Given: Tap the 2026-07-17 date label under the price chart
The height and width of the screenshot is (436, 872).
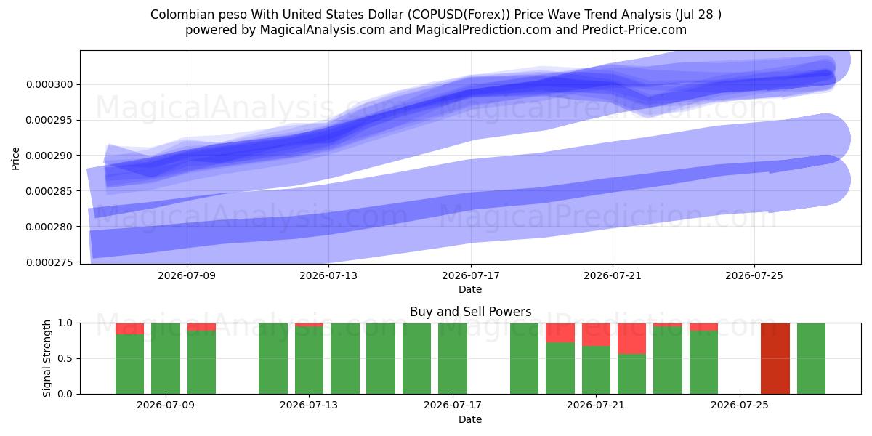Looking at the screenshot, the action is [471, 275].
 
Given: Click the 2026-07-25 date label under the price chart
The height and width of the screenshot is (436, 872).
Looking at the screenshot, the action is [754, 275].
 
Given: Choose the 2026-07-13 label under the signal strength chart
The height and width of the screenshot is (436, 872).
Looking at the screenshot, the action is [309, 405].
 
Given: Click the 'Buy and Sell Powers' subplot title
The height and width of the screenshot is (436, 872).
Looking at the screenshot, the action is [471, 312].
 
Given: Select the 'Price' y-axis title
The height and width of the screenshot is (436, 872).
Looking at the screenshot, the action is [15, 158].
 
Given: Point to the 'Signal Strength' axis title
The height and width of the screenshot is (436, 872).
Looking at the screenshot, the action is [47, 358].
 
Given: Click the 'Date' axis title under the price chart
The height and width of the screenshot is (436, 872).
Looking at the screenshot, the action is [470, 289].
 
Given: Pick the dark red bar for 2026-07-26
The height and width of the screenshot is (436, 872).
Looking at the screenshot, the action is [775, 358].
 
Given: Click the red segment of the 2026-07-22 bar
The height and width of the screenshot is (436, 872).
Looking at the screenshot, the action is [631, 339].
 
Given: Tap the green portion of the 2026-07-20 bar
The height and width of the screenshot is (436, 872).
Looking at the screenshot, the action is [560, 368].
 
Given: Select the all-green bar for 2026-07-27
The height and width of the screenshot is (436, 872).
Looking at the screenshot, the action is [811, 358].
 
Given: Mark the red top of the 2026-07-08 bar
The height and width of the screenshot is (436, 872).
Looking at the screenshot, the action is [129, 328].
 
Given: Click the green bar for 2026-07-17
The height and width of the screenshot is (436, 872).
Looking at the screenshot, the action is [453, 358].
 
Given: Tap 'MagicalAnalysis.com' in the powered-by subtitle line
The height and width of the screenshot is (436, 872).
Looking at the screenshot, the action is [323, 30].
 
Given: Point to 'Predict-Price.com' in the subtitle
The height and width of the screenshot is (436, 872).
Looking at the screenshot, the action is [634, 30].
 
